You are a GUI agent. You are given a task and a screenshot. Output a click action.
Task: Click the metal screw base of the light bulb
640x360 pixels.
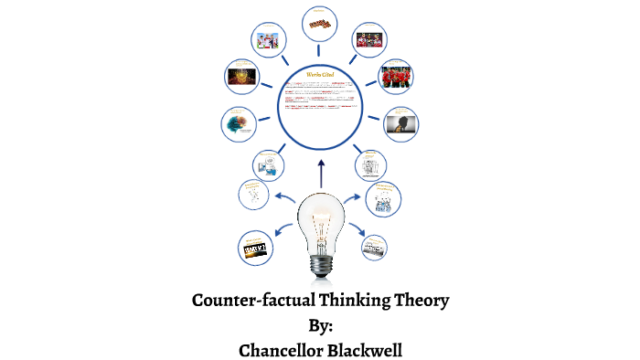pos(320,262)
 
